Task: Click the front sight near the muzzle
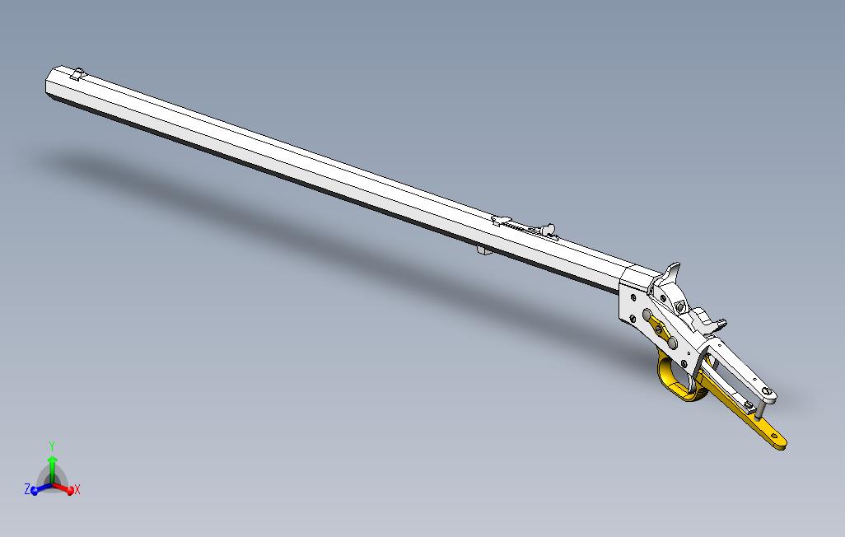(x=78, y=73)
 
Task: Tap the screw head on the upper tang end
(x=767, y=392)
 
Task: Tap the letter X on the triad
(x=77, y=490)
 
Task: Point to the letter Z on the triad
(x=27, y=489)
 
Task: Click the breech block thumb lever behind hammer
(x=705, y=316)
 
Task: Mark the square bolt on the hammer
(x=681, y=306)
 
